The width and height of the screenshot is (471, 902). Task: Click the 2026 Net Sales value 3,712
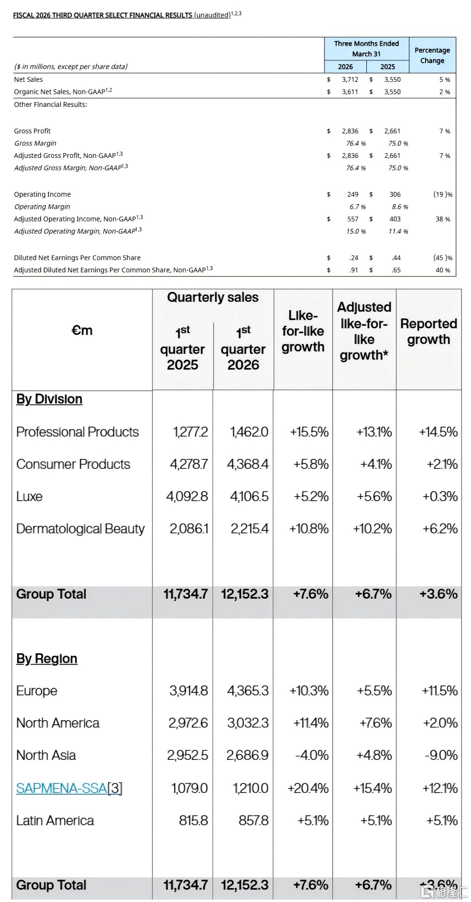(350, 79)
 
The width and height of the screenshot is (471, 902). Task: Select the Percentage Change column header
(432, 56)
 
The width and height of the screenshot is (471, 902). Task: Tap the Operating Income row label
(43, 194)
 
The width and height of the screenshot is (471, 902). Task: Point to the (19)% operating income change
(443, 194)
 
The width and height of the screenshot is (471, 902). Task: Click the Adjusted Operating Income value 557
(353, 219)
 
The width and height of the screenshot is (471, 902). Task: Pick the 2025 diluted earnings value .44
(396, 258)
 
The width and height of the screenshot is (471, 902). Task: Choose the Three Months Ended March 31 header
(367, 49)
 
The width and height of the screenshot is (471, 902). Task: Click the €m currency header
(82, 330)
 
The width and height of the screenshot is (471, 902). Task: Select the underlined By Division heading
(49, 399)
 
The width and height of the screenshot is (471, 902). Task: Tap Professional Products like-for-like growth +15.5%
(309, 432)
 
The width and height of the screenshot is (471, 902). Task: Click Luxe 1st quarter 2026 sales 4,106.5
(249, 497)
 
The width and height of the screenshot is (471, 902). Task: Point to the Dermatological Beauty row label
(80, 529)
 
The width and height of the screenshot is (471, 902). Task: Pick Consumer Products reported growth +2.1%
(442, 464)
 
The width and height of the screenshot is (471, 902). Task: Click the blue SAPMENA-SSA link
(62, 788)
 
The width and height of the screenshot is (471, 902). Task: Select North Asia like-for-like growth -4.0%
(312, 755)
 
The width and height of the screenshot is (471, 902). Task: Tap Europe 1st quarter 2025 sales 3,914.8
(188, 691)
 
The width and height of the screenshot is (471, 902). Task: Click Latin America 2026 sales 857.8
(253, 821)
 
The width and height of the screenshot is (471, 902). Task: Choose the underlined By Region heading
(47, 659)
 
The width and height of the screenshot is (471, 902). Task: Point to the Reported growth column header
(429, 332)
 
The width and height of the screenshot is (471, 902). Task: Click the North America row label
(58, 723)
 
